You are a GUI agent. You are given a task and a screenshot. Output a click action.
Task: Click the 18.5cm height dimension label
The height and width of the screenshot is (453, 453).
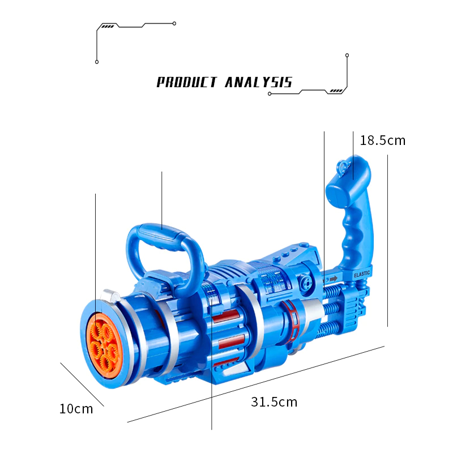click(383, 140)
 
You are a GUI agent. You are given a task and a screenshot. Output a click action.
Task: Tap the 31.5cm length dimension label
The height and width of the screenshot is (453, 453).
click(274, 402)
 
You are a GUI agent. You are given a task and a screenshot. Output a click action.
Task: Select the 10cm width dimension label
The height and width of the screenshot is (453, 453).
click(76, 409)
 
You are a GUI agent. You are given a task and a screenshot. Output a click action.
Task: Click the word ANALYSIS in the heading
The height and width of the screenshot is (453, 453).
click(259, 82)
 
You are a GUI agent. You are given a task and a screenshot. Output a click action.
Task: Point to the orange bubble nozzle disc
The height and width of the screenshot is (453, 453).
click(102, 345)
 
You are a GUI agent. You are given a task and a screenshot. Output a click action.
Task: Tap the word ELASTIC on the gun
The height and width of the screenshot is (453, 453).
click(362, 273)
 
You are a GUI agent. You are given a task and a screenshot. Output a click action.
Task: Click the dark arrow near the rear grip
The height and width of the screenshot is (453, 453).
click(334, 279)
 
